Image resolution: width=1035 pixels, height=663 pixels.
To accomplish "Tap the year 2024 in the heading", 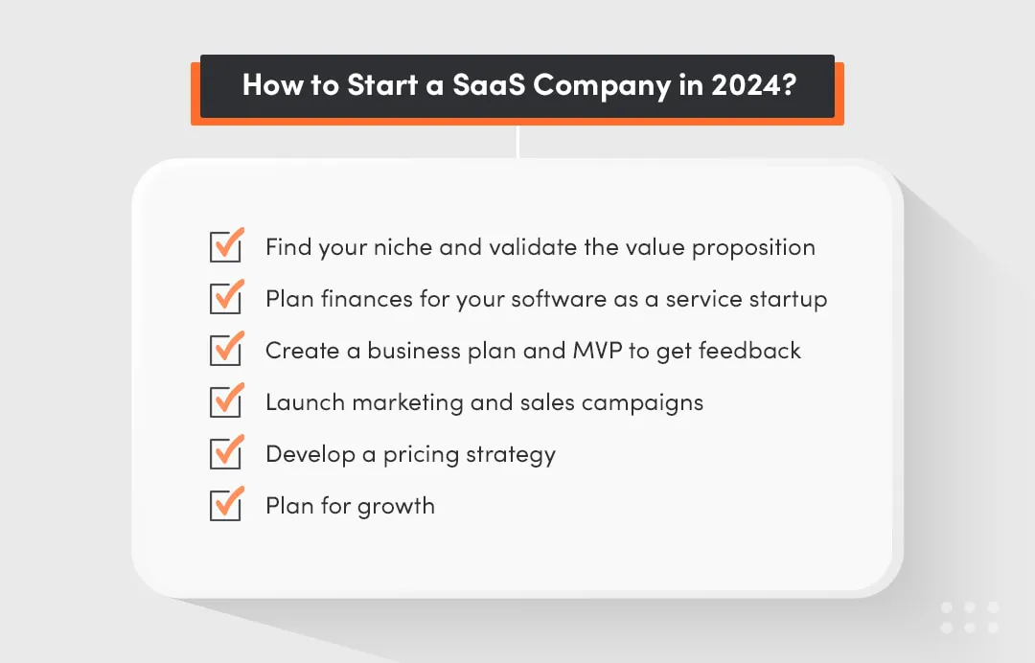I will pos(743,85).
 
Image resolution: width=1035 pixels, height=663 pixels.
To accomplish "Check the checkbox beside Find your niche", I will pos(225,246).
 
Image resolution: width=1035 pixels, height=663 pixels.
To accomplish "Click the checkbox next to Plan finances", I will pos(225,298).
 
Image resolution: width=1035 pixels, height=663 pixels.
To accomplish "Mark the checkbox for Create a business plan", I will pos(225,350).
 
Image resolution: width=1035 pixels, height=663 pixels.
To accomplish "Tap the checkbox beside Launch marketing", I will pos(225,401).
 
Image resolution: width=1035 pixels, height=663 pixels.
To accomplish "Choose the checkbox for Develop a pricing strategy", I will pos(225,453).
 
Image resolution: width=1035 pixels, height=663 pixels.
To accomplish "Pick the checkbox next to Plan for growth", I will pos(225,505).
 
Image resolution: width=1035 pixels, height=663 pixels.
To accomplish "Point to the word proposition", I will pos(753,247).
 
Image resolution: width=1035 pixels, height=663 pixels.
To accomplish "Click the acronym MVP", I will pos(595,351).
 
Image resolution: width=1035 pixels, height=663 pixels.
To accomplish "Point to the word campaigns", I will pos(641,402).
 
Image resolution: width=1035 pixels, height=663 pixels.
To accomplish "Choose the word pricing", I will pos(423,454).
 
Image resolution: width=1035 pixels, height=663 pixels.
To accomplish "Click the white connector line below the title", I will pos(517,142).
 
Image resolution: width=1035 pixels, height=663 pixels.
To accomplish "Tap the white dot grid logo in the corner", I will pos(969,617).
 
